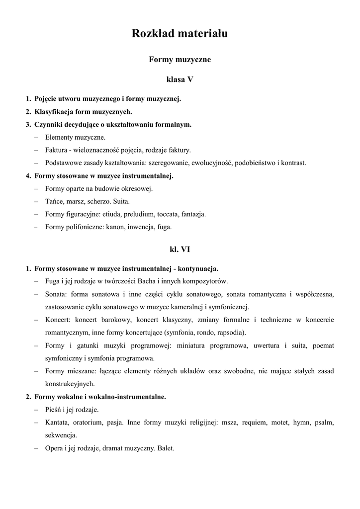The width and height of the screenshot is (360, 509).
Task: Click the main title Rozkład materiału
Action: tap(180, 33)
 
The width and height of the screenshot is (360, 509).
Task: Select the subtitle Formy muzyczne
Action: tap(180, 60)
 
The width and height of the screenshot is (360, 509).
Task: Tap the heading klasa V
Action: tap(180, 80)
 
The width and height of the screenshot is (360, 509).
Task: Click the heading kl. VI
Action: tap(180, 250)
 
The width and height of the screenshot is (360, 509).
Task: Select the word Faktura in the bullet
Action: tap(56, 150)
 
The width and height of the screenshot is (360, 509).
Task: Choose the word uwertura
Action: tap(269, 345)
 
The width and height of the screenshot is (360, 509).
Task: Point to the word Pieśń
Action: tap(54, 410)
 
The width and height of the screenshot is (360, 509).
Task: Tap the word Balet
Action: tap(165, 448)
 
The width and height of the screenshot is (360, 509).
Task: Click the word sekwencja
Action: tap(61, 435)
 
